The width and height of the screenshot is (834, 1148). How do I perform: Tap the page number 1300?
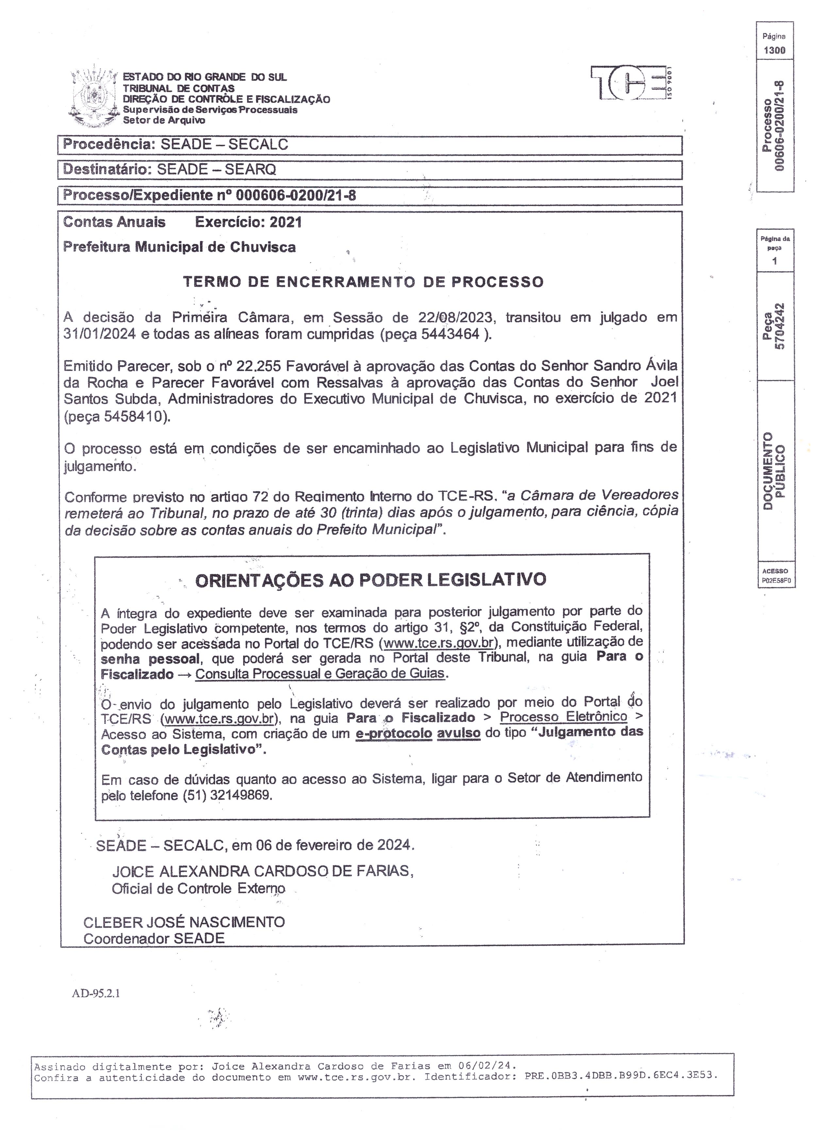pos(774,50)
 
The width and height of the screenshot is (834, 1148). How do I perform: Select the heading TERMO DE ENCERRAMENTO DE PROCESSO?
pos(363,282)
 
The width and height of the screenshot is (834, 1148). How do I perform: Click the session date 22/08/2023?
pos(455,317)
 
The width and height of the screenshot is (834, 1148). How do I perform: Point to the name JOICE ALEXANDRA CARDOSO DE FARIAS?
pos(262,871)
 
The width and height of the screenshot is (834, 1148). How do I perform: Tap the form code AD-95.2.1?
pos(96,993)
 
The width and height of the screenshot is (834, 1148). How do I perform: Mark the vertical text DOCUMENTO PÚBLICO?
pos(774,471)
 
